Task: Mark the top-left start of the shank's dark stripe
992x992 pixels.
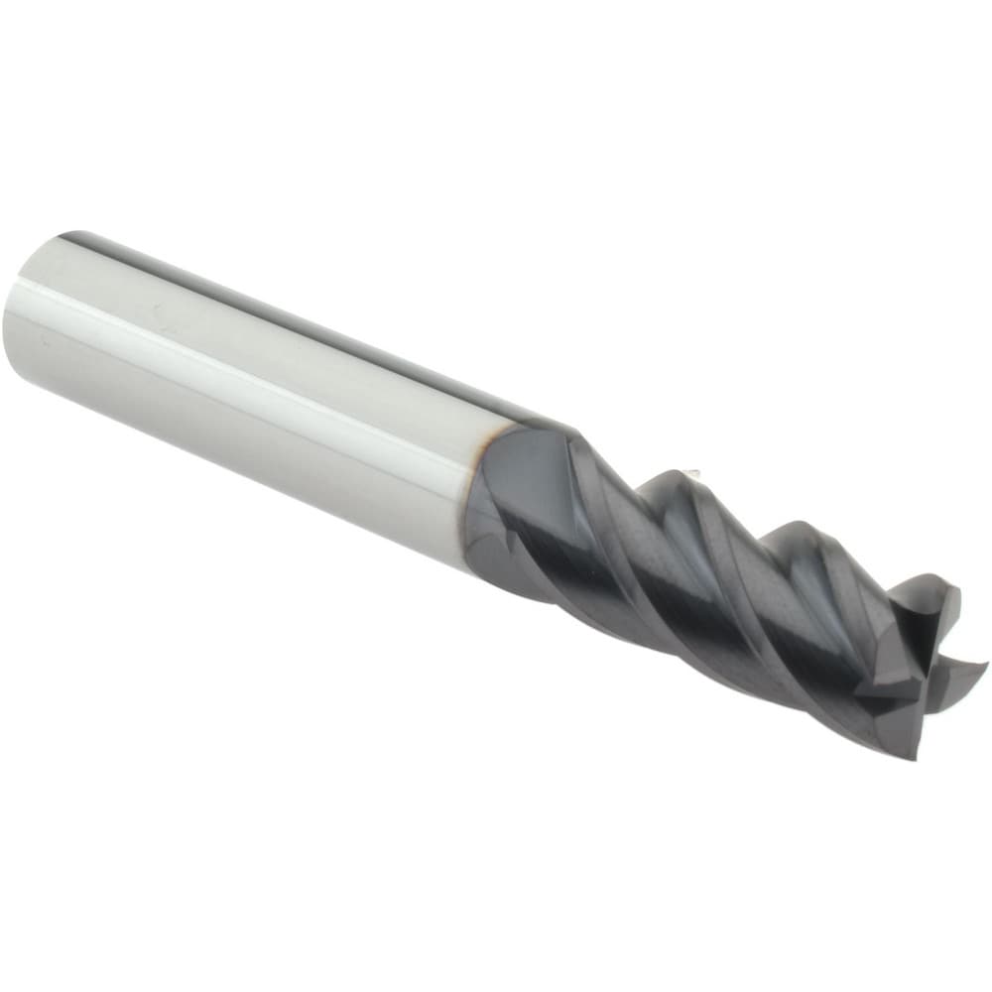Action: point(69,238)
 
